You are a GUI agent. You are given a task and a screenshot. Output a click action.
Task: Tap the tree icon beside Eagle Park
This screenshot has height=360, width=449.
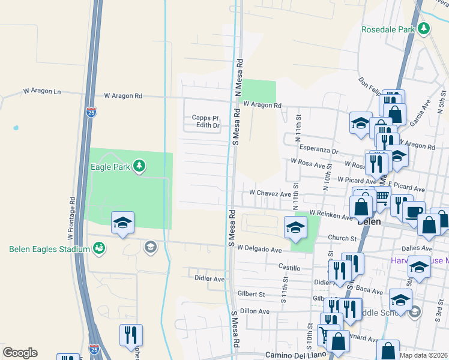[x=139, y=165]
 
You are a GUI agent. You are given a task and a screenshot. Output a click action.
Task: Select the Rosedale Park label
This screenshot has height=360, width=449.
[x=388, y=29]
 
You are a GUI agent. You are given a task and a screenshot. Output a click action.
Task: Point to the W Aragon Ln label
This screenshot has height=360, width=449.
[x=42, y=92]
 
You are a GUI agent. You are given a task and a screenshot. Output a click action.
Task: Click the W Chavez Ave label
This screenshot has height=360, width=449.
[x=270, y=194]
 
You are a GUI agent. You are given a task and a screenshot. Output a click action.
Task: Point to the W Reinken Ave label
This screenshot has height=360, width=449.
[x=331, y=215]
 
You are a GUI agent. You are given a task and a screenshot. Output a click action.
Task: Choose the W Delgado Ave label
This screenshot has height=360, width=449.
[x=259, y=248]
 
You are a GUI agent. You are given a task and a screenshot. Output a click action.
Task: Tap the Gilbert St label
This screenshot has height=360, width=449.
[x=251, y=294]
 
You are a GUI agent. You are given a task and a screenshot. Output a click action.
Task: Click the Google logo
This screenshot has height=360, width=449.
[x=20, y=353]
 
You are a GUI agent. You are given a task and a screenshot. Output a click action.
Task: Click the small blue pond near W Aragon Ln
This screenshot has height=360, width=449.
[x=15, y=128]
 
